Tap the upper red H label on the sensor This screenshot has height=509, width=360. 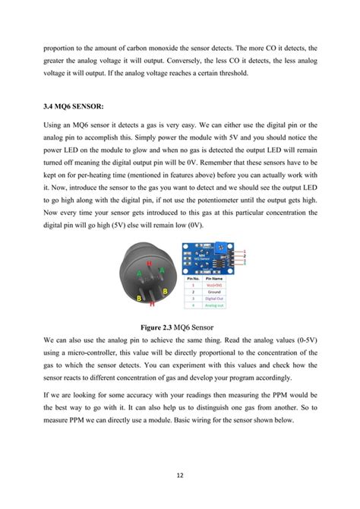pos(150,263)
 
